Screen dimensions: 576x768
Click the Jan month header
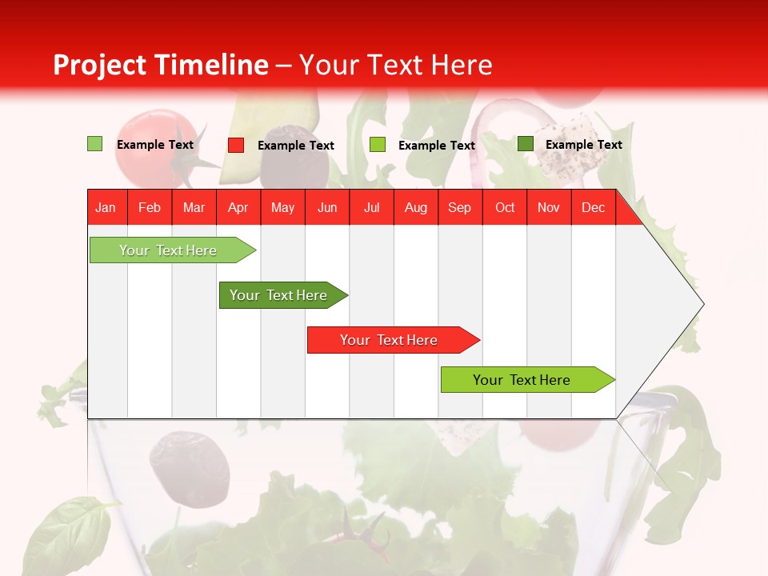(x=106, y=207)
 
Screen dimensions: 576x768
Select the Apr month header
(x=238, y=207)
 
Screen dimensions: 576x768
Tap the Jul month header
(x=371, y=207)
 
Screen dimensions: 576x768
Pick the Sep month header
(x=459, y=207)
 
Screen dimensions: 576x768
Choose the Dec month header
(x=593, y=207)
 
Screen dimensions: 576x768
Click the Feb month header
(x=150, y=207)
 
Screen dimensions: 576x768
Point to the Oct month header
(x=505, y=207)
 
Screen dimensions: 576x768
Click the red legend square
(x=236, y=145)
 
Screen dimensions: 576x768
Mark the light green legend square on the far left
(x=95, y=144)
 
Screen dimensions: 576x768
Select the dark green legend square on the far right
(x=526, y=144)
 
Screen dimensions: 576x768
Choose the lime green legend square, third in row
(x=378, y=145)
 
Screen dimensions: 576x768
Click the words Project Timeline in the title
(x=160, y=65)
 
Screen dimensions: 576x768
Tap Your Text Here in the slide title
(x=395, y=65)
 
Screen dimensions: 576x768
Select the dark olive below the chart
(x=190, y=468)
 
